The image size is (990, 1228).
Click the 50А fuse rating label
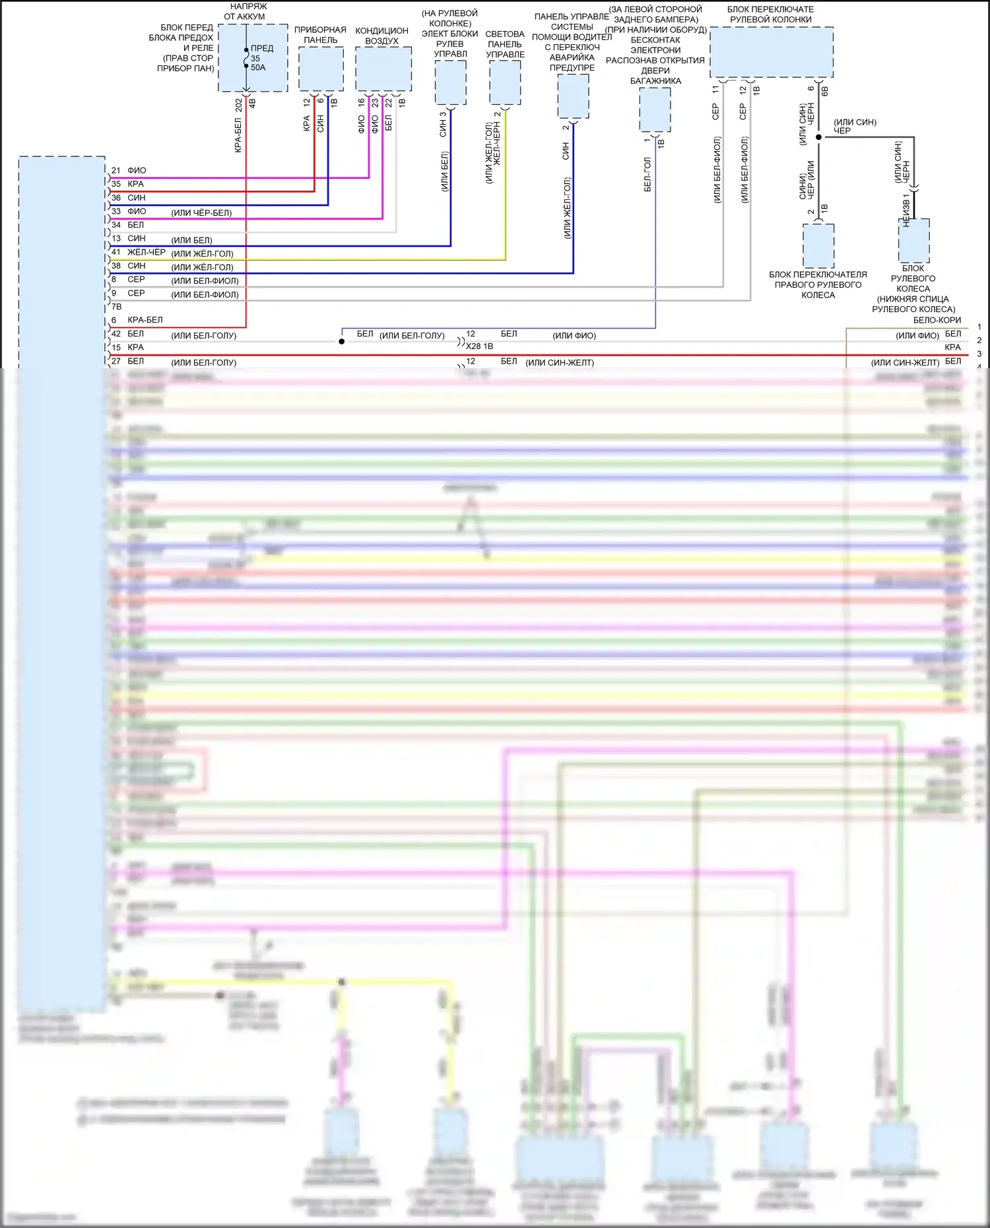(258, 67)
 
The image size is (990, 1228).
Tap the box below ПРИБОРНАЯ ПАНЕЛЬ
(321, 69)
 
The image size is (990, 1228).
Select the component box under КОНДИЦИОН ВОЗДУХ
(383, 69)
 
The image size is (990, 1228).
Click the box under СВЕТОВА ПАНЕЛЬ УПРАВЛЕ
(505, 82)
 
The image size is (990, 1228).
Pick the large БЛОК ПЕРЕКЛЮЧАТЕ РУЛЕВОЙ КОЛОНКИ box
(771, 52)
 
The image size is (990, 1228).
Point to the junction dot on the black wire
(818, 137)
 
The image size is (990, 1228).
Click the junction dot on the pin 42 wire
(341, 341)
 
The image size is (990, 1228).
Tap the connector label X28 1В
(479, 346)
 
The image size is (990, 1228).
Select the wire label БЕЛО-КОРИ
(937, 320)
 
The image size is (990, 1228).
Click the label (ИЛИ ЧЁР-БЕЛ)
(201, 213)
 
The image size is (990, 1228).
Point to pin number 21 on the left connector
(116, 170)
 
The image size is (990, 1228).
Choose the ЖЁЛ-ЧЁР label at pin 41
(147, 252)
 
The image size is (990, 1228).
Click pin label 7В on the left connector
(116, 307)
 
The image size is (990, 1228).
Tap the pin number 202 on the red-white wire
(239, 104)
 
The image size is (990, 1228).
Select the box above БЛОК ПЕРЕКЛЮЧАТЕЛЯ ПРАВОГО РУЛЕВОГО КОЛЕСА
(818, 245)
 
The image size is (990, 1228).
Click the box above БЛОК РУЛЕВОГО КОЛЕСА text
(914, 241)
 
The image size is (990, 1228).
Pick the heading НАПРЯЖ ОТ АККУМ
(246, 11)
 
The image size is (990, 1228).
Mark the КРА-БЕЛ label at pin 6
(145, 320)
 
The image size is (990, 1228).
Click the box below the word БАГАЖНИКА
(655, 110)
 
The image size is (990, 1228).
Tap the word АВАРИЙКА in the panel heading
(572, 57)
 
